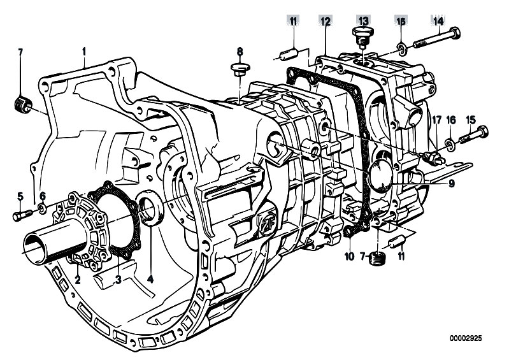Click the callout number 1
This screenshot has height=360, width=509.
tap(83, 52)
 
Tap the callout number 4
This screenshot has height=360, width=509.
tap(150, 279)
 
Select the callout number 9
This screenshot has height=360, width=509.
tap(451, 184)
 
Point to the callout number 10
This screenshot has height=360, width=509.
tap(349, 256)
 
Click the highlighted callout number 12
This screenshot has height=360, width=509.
tap(326, 22)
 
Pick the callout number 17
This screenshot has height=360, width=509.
tap(436, 120)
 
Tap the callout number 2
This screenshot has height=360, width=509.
tap(77, 280)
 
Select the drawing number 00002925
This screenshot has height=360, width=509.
tap(466, 338)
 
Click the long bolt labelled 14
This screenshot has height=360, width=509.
tap(436, 38)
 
